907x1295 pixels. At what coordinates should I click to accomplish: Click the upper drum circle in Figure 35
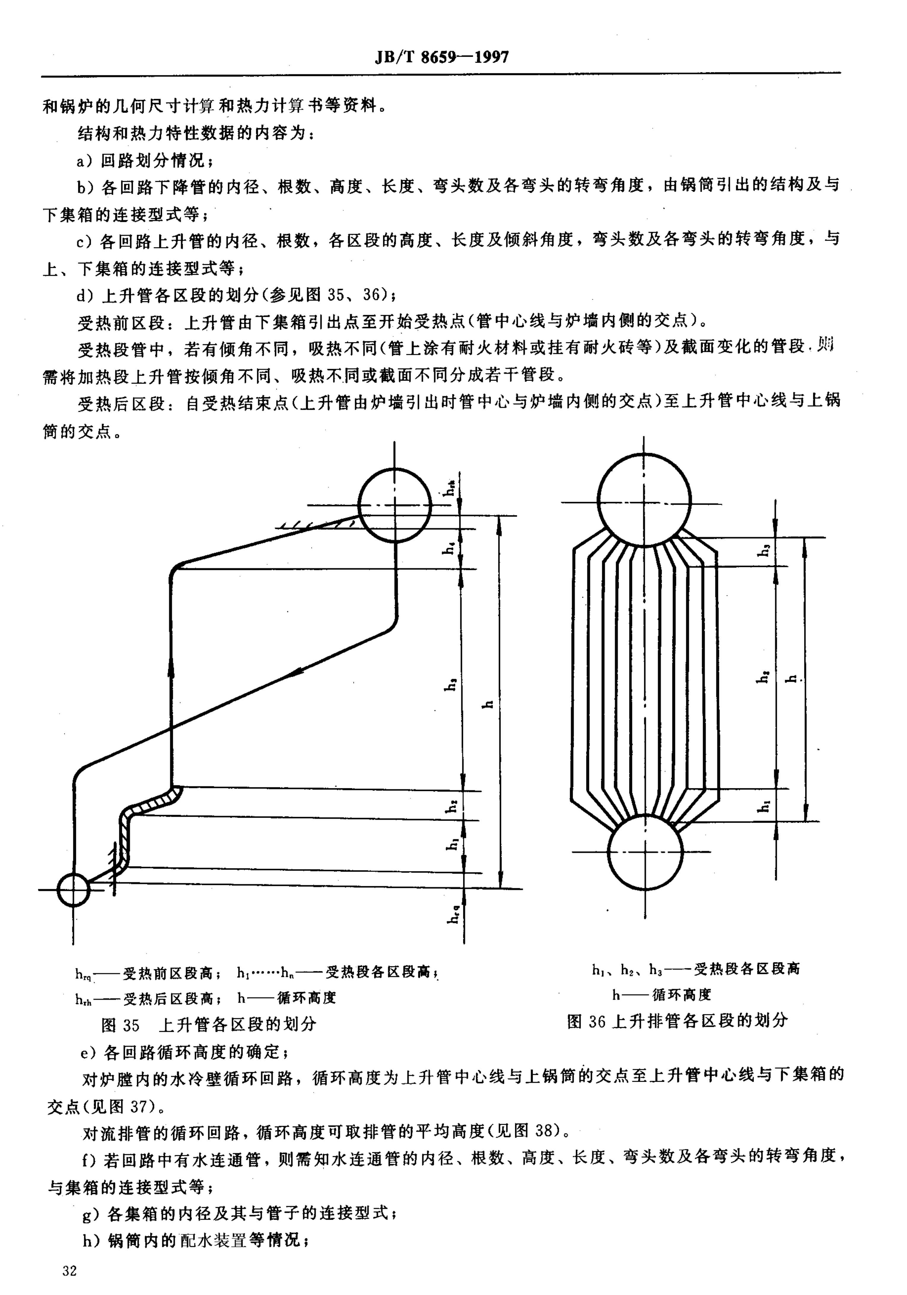coord(394,505)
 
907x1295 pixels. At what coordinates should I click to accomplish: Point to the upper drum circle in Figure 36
coord(644,500)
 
